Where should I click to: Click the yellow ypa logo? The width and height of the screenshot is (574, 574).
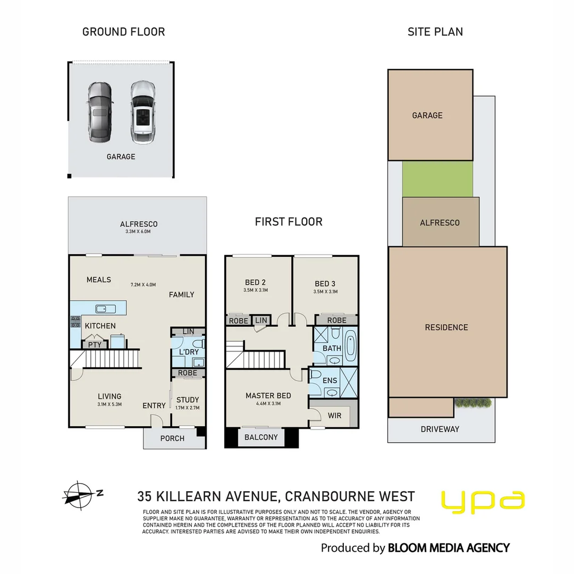483,502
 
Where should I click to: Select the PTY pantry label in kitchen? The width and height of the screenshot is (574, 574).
95,345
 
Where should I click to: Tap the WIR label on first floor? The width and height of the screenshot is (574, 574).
334,416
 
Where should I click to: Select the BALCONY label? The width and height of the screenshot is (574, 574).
261,437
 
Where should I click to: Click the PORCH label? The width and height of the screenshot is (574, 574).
172,438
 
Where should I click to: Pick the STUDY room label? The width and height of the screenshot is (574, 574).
187,400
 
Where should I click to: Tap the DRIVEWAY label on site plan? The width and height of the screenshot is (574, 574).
440,429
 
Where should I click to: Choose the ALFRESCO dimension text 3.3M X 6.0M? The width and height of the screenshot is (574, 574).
138,232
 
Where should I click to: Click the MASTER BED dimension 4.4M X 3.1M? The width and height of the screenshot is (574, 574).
268,404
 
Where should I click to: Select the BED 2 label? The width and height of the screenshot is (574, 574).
253,283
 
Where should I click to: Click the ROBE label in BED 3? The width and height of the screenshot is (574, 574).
336,320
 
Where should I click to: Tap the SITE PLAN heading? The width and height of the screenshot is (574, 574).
435,32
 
